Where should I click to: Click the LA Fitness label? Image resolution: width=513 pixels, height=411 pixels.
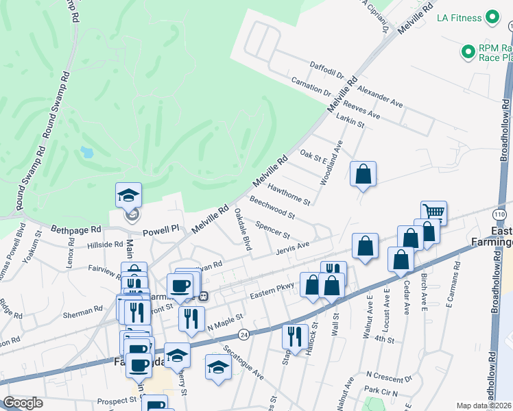[x=460, y=18]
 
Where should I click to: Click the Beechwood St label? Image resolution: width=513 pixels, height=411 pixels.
[x=272, y=208]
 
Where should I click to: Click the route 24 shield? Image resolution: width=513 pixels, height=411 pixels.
[x=243, y=334]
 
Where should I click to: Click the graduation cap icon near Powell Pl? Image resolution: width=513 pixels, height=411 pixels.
[x=129, y=195]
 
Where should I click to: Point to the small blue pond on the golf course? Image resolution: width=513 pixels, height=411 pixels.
[x=87, y=152]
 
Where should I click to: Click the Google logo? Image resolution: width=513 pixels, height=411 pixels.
[x=23, y=403]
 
